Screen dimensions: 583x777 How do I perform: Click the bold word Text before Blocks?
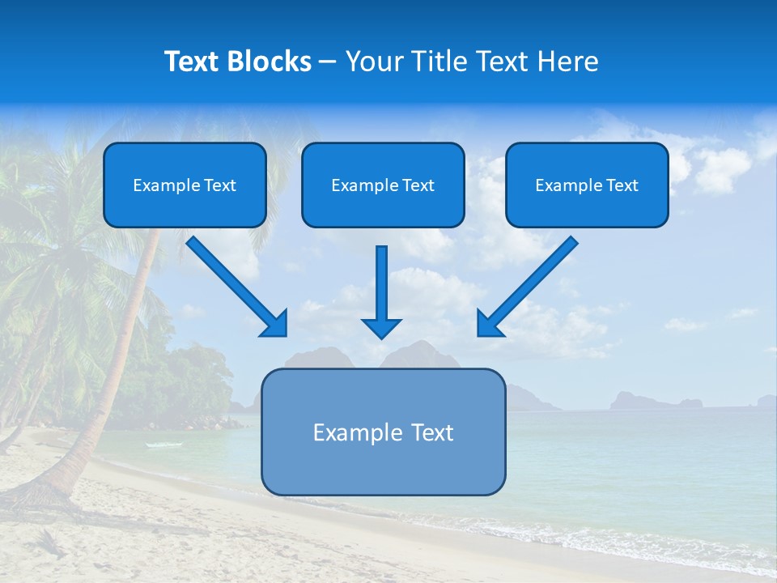tap(193, 62)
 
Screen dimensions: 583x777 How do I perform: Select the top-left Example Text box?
tap(185, 185)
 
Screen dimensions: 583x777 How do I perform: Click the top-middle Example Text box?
tap(383, 185)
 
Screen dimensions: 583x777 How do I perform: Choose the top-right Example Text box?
tap(587, 185)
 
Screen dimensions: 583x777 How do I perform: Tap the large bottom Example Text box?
tap(383, 432)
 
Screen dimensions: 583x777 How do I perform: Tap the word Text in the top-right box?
tap(622, 185)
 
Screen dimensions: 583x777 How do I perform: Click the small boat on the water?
tap(155, 445)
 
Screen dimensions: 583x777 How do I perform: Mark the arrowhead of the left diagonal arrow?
tap(275, 324)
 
